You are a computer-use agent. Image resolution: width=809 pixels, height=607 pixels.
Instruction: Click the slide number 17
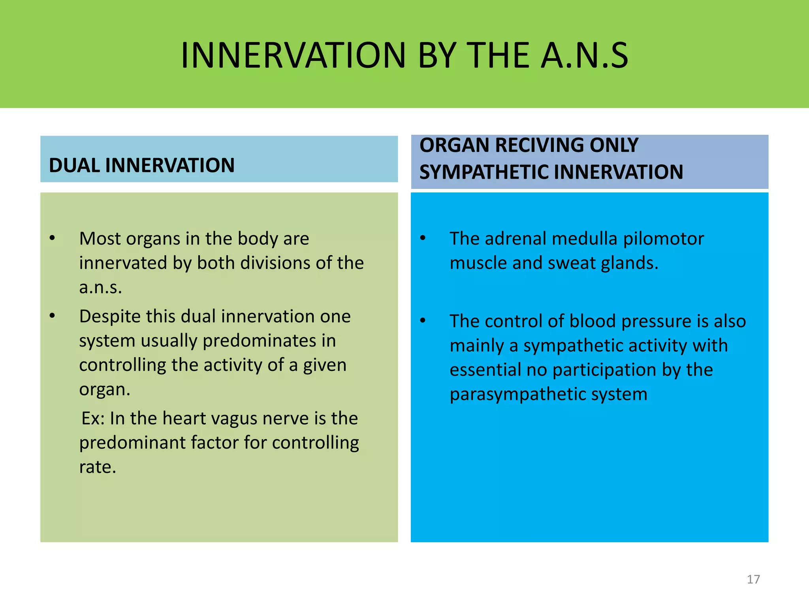click(753, 579)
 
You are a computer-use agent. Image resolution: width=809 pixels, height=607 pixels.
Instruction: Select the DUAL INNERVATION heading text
click(141, 165)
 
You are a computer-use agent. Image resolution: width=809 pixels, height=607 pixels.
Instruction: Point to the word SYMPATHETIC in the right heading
click(484, 172)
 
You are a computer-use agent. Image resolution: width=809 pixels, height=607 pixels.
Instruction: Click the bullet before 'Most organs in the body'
click(52, 238)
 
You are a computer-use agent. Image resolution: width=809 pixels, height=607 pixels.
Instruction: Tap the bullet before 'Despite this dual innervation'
click(52, 316)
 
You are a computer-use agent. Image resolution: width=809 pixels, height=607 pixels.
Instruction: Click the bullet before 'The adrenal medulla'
click(423, 238)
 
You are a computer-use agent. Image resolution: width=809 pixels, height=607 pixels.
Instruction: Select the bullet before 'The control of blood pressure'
click(423, 320)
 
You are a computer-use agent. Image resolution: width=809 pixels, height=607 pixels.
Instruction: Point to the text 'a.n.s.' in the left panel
click(100, 287)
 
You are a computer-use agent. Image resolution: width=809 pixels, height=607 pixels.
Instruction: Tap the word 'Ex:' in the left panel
click(93, 418)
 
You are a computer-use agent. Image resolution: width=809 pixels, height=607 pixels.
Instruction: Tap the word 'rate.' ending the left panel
click(98, 468)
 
